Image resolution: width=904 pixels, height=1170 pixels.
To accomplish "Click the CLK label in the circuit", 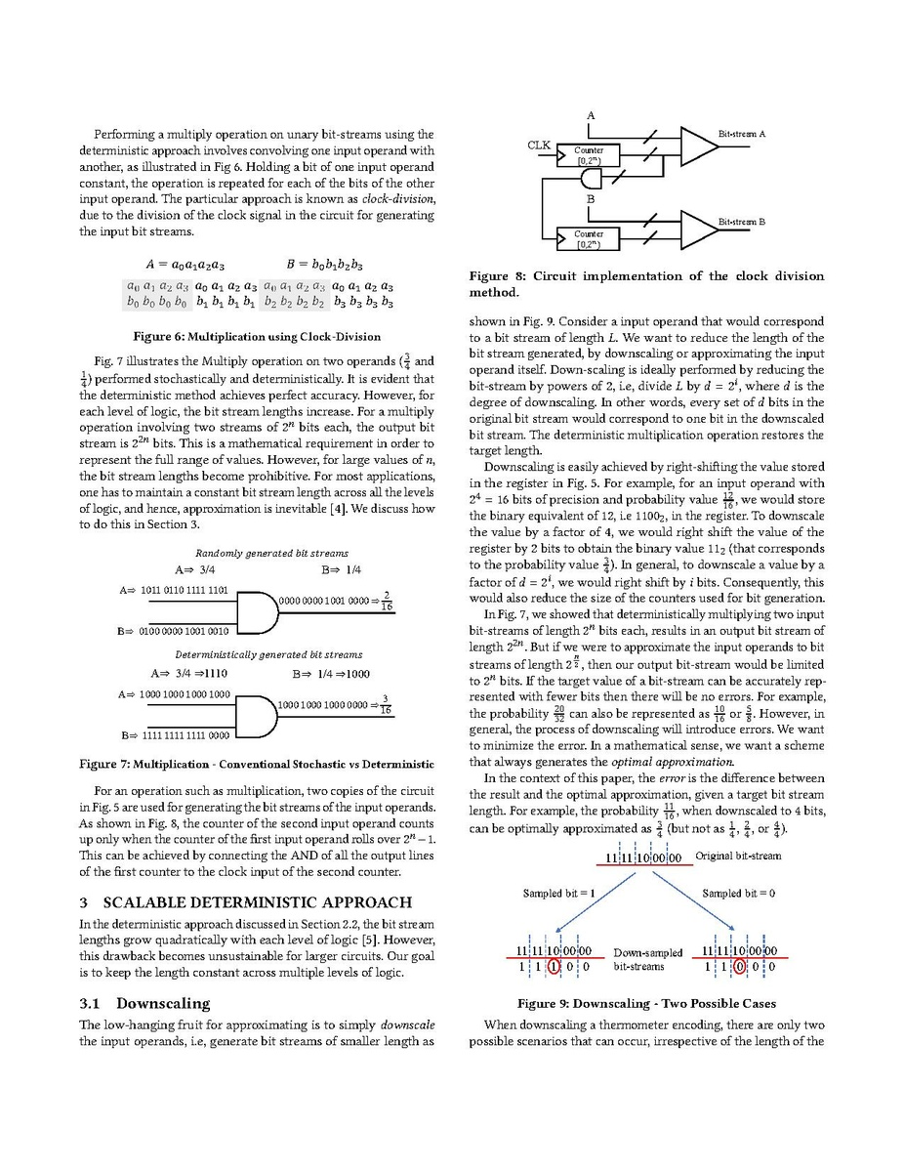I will point(539,146).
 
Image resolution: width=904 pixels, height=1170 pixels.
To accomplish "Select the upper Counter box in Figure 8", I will point(589,154).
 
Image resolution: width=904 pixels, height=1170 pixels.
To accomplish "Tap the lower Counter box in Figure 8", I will point(589,238).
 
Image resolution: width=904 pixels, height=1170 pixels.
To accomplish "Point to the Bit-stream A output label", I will point(742,133).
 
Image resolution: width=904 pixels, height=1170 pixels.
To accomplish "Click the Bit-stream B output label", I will point(742,222).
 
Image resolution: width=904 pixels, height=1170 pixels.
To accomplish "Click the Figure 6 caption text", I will point(257,337).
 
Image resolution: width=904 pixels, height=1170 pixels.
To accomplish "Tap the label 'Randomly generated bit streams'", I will point(258,553).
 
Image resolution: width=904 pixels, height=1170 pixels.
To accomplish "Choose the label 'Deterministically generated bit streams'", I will point(267,654).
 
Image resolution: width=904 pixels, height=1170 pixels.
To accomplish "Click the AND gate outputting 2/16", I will point(256,609).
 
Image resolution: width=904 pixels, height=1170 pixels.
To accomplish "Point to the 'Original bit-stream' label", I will point(738,857).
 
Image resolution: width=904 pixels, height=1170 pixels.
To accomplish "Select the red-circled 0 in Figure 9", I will point(740,967).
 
